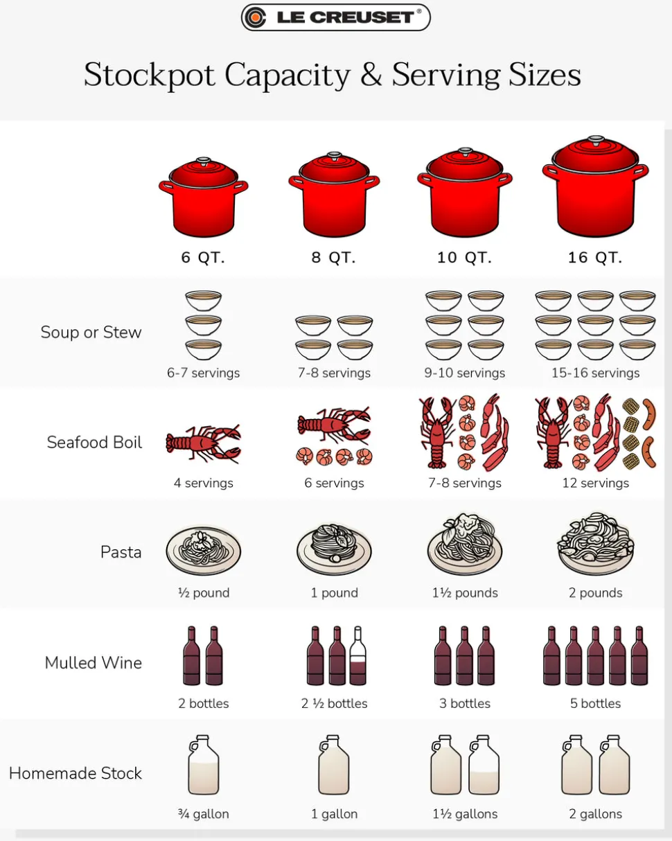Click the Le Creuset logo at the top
(336, 17)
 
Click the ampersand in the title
(371, 74)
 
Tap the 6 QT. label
(203, 258)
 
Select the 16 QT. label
(595, 258)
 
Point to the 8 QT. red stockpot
(334, 194)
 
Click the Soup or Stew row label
(91, 333)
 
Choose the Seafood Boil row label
(94, 443)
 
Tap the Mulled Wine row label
(93, 663)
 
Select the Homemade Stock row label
(76, 773)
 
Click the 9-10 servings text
(465, 373)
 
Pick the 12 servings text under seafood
(595, 483)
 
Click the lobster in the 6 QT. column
(204, 444)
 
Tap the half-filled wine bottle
(357, 655)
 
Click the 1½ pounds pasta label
(465, 593)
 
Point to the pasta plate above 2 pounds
(595, 544)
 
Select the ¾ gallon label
(204, 814)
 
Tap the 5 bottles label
(595, 703)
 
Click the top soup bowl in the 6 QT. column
(203, 301)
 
